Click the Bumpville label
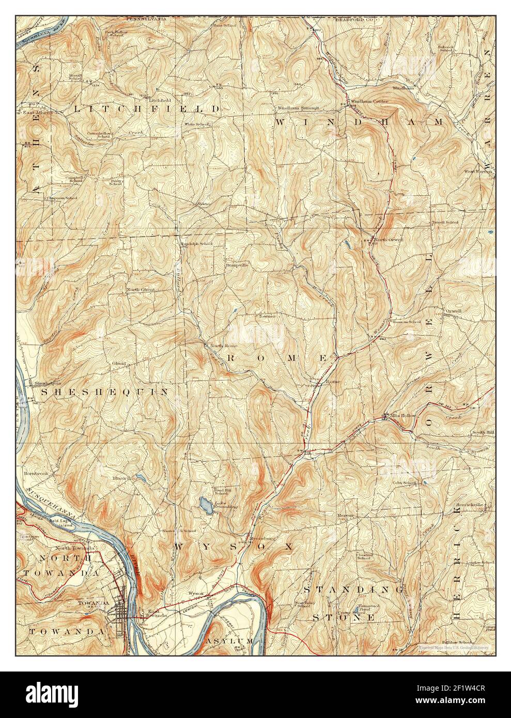(x=237, y=265)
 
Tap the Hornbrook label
(x=35, y=473)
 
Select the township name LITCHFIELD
(x=147, y=109)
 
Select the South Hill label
(x=483, y=432)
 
